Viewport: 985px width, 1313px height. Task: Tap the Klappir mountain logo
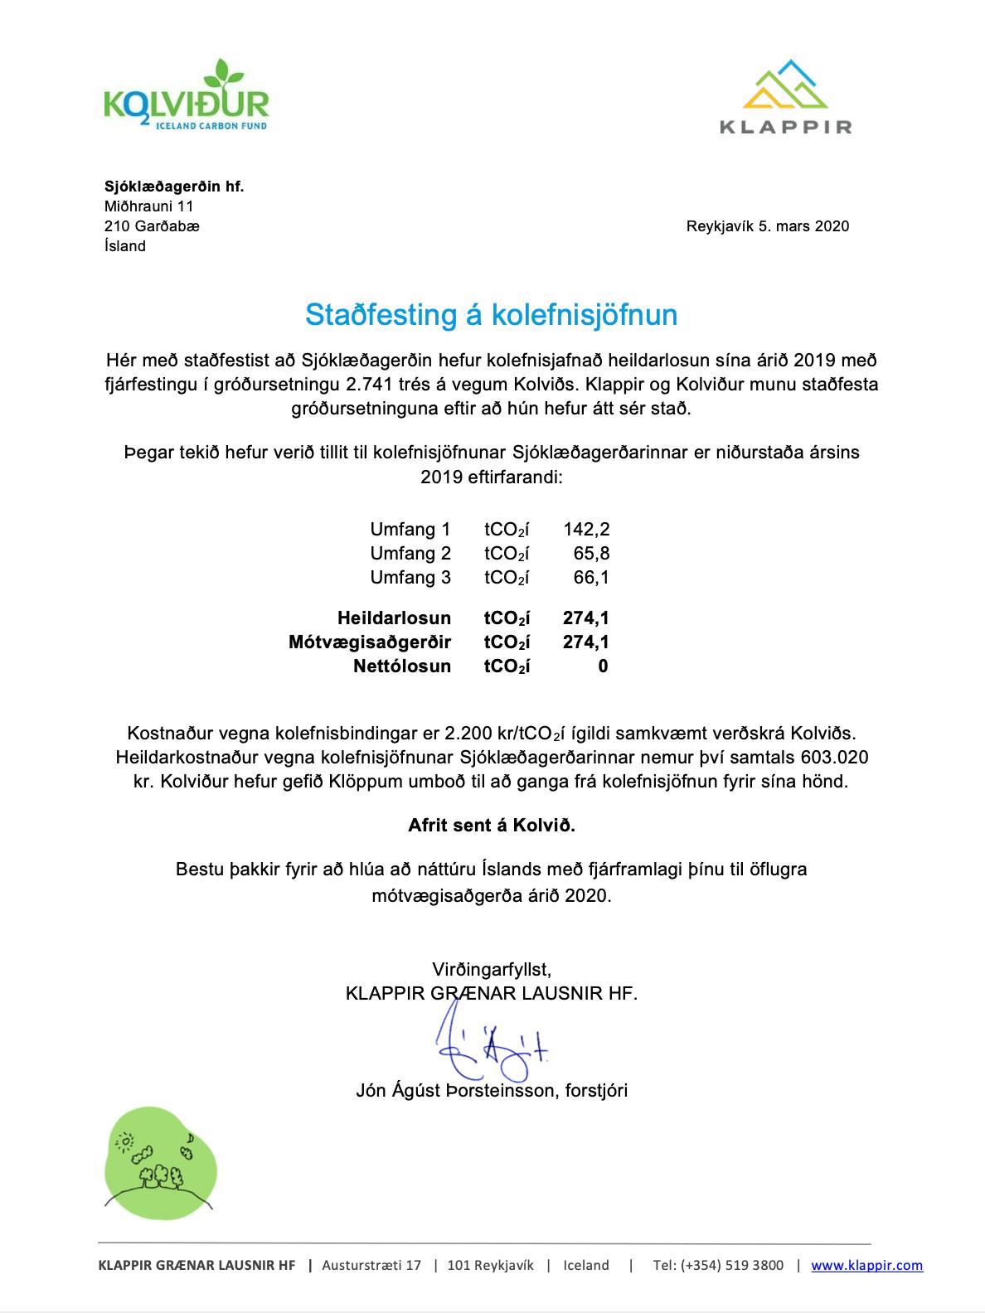784,96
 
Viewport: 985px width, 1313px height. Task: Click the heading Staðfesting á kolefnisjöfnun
491,315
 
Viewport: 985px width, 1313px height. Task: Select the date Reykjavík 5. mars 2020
767,226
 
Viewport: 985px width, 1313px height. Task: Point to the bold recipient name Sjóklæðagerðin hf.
174,187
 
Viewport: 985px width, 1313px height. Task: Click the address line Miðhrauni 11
148,206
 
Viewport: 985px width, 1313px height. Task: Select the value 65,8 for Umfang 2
591,554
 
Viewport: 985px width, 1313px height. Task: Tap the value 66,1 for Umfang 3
591,578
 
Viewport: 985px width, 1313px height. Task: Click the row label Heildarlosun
394,618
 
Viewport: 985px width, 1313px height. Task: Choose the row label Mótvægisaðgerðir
370,642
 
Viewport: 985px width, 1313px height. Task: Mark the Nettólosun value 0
603,666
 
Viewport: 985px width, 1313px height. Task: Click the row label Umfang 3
410,578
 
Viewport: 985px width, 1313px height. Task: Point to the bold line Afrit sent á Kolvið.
492,826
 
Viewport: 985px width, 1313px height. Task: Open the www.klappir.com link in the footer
866,1266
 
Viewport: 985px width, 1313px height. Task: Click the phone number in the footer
718,1266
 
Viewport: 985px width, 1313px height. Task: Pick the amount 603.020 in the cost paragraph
835,758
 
